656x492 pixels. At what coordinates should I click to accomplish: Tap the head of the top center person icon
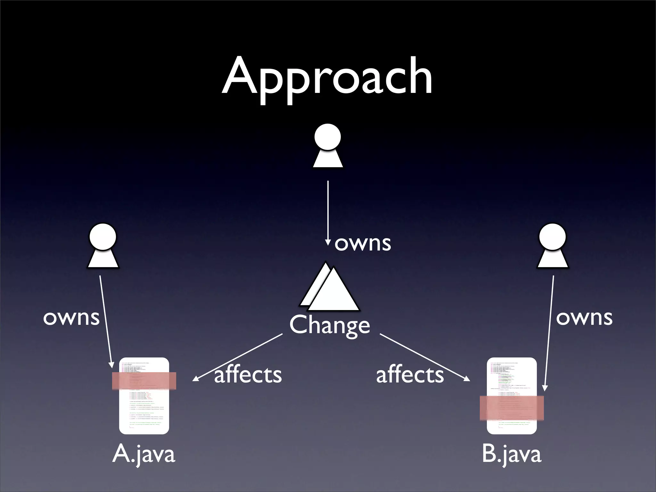click(327, 137)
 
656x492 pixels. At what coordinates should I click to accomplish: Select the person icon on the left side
click(103, 246)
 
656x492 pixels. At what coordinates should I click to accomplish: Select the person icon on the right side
click(553, 246)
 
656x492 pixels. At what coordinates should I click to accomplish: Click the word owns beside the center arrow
click(363, 243)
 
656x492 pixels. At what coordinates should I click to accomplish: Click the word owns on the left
click(71, 318)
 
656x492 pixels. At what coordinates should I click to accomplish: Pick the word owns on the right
click(584, 318)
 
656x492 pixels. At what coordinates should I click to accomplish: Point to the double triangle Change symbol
click(330, 288)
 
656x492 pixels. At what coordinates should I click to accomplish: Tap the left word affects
click(248, 375)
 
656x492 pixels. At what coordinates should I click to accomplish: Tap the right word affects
click(410, 375)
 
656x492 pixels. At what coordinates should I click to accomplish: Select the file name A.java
click(144, 454)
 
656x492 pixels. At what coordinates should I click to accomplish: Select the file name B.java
click(512, 454)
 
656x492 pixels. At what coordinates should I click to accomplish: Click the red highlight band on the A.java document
click(144, 381)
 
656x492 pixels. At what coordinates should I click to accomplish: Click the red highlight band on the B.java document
click(512, 408)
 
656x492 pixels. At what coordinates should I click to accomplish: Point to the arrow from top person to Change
click(328, 211)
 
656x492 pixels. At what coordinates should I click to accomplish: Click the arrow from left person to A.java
click(106, 320)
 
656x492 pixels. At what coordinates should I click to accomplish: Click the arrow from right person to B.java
click(549, 333)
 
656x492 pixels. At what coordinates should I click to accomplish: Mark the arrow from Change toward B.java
click(424, 357)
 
